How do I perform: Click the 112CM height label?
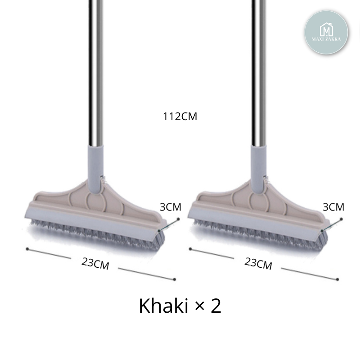180,117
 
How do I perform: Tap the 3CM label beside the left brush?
171,207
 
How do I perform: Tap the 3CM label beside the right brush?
333,207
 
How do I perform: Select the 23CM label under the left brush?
95,263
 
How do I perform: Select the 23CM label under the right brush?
258,263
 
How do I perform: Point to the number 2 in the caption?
216,306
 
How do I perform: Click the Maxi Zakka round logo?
326,32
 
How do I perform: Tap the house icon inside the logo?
326,29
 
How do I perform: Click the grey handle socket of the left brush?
95,169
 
